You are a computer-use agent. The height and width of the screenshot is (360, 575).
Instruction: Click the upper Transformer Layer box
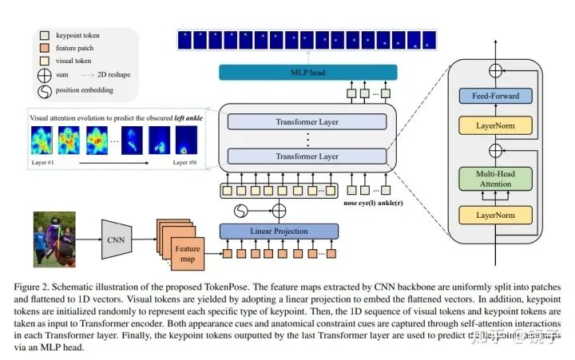[307, 121]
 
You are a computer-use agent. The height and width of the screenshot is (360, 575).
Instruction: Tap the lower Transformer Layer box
[307, 156]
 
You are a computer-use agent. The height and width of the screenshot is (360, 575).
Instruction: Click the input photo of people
[54, 238]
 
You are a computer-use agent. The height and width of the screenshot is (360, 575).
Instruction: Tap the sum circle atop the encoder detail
[496, 70]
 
